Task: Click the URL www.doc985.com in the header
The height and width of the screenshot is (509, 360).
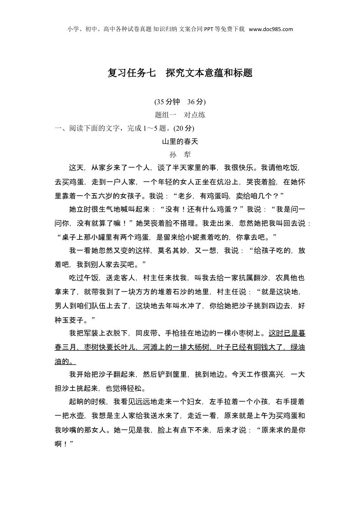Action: (x=271, y=29)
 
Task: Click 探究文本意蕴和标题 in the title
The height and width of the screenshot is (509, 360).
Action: (x=209, y=73)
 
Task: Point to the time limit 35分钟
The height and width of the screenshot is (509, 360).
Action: (x=168, y=102)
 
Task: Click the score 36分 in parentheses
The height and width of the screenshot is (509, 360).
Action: (x=196, y=102)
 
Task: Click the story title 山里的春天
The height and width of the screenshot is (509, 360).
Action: (x=180, y=142)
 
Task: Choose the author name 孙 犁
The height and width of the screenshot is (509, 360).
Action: (x=180, y=155)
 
